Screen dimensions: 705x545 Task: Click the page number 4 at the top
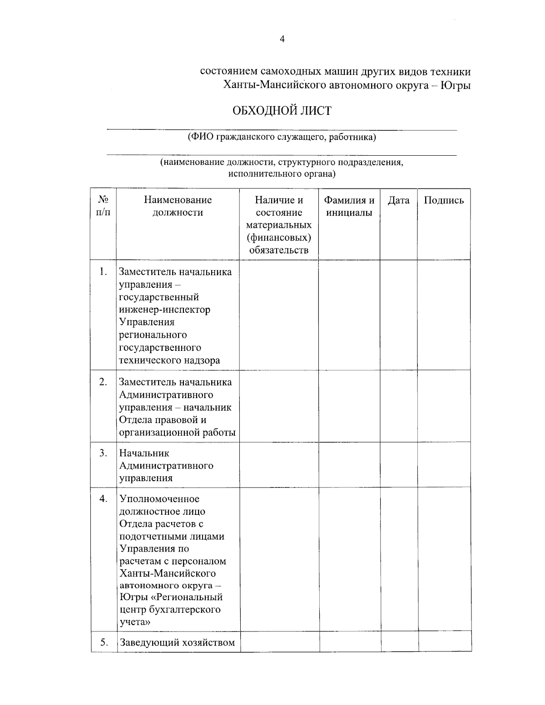[282, 39]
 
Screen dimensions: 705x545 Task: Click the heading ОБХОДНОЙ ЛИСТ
[282, 111]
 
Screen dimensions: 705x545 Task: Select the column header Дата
[398, 201]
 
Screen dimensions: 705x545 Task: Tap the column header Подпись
[444, 201]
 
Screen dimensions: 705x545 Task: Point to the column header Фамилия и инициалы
[349, 207]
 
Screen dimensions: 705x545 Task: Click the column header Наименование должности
[178, 207]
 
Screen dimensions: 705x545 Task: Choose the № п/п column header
[104, 207]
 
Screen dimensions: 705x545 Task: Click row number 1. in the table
[104, 271]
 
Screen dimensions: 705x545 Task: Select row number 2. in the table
[104, 382]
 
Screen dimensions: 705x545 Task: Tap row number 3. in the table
[104, 453]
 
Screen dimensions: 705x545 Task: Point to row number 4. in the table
[104, 499]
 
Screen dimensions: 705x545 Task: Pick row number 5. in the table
[104, 642]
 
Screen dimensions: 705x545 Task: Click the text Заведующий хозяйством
[177, 642]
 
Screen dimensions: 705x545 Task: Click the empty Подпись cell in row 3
[444, 465]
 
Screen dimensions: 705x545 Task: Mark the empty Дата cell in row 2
[398, 407]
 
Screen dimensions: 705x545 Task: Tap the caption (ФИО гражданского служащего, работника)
[282, 137]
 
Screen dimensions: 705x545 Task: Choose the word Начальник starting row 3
[144, 453]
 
